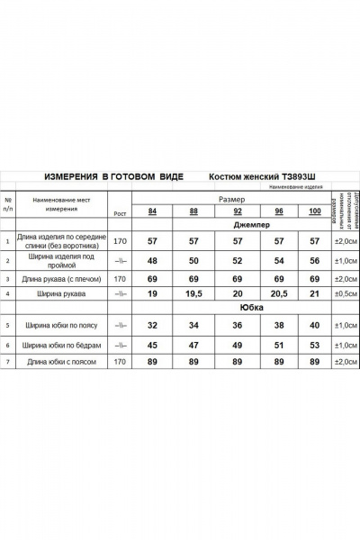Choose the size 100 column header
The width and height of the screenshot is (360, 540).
click(x=314, y=211)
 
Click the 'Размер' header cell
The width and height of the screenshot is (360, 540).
click(x=233, y=198)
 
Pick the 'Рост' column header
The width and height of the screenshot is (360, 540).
click(x=119, y=212)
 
